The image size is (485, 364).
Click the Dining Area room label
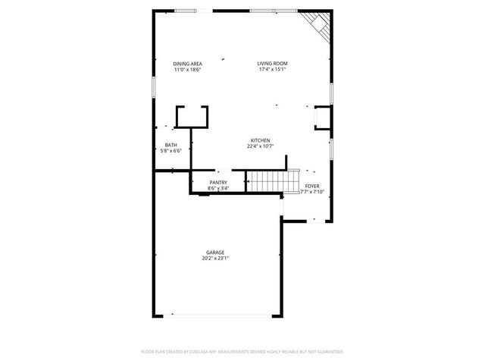pos(187,64)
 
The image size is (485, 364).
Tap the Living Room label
pos(272,64)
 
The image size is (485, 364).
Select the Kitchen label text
pos(261,140)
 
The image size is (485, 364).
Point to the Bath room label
pos(171,145)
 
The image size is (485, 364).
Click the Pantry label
pos(219,183)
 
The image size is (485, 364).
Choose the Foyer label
pos(312,186)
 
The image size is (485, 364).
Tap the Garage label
pos(215,253)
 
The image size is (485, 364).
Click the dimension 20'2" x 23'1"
pos(215,259)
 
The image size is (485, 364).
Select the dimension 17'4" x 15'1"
pos(272,70)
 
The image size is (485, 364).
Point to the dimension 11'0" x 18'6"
pos(187,70)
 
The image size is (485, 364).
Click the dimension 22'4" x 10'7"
pos(261,146)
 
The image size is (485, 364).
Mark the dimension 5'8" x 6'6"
pos(171,151)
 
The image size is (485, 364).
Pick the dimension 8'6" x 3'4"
pos(219,189)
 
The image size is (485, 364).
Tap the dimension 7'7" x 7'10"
pos(312,192)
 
